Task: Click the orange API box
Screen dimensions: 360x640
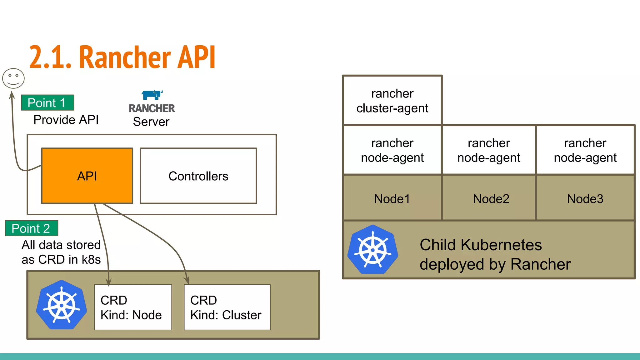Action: coord(87,176)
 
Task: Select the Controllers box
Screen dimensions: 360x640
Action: coord(198,176)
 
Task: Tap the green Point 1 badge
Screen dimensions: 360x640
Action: coord(47,103)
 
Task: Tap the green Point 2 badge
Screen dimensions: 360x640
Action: coord(32,228)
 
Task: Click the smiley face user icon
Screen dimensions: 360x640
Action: coord(13,78)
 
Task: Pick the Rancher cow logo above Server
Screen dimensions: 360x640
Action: coord(152,95)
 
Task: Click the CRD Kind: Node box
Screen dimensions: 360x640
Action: coord(133,307)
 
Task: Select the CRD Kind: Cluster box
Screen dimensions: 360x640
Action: coord(227,307)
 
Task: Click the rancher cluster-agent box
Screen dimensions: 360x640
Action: coord(392,101)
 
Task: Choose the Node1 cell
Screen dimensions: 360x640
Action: coord(392,199)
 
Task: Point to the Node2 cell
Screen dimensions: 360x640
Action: coord(491,199)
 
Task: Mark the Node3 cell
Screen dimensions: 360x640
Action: coord(585,199)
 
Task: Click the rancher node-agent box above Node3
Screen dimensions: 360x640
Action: coord(585,150)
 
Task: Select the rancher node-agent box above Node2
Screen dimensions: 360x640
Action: coord(489,150)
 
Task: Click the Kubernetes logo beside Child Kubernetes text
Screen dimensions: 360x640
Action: coord(373,250)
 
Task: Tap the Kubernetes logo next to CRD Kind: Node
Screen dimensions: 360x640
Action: coord(62,305)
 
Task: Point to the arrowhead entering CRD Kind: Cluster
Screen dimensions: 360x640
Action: coord(187,280)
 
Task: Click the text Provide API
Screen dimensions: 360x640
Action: coord(66,120)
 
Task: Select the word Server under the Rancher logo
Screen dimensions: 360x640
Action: coord(151,122)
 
